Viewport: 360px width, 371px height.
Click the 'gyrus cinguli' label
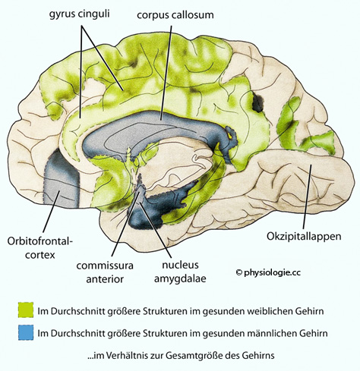tap(79, 14)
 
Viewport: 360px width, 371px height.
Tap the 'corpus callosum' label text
tap(175, 15)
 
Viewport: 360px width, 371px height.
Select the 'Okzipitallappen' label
tap(304, 237)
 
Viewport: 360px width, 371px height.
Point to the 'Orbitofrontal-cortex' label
tap(40, 248)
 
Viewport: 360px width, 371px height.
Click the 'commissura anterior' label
tap(105, 272)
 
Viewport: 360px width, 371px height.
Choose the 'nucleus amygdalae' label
tap(180, 272)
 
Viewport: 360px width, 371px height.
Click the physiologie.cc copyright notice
tap(268, 272)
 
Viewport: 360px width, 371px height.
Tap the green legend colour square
tap(26, 310)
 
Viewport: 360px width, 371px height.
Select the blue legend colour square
tap(26, 332)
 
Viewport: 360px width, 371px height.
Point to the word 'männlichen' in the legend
tap(273, 333)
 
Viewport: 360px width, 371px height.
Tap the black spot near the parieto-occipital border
tap(257, 102)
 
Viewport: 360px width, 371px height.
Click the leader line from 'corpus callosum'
tap(166, 73)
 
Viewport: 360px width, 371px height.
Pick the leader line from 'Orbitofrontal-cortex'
tap(52, 212)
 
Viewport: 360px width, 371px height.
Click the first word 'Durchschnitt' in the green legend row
tap(80, 311)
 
